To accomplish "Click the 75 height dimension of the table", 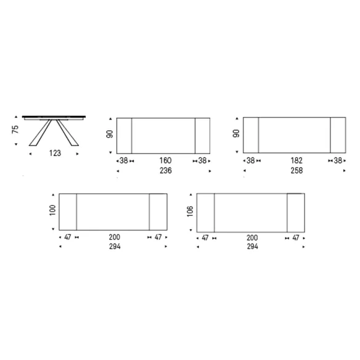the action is (15, 129).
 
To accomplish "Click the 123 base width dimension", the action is (55, 153).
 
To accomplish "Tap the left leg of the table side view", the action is (41, 133).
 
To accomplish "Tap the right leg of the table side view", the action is (68, 133).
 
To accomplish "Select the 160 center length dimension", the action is (165, 160).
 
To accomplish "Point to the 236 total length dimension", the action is (166, 171).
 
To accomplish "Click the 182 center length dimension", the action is (297, 160).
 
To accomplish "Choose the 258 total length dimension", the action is (297, 171).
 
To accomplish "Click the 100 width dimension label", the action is (52, 210).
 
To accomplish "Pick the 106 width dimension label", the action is (190, 211).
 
